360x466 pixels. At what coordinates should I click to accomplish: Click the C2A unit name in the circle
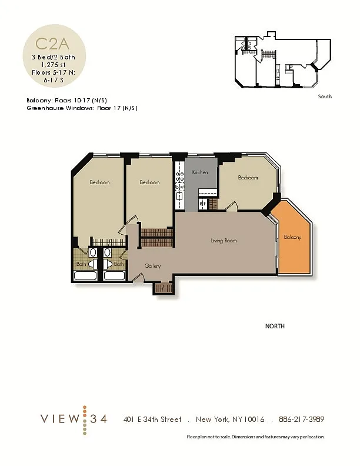click(x=52, y=44)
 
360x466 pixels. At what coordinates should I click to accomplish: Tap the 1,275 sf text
click(x=54, y=65)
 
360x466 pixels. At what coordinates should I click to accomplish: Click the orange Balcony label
click(x=292, y=237)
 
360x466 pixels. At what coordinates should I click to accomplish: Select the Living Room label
click(x=224, y=241)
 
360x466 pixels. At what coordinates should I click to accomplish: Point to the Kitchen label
click(x=200, y=172)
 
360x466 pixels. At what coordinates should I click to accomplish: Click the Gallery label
click(x=152, y=266)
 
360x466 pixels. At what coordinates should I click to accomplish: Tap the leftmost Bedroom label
click(x=100, y=182)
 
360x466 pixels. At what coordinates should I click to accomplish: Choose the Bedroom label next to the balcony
click(x=248, y=178)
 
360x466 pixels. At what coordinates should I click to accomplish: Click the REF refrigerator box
click(x=203, y=204)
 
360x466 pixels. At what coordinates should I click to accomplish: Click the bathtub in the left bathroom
click(x=85, y=275)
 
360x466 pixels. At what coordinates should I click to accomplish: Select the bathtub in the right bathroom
click(x=114, y=275)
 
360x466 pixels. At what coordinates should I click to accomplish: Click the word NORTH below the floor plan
click(x=275, y=326)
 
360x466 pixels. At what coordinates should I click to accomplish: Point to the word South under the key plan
click(x=325, y=96)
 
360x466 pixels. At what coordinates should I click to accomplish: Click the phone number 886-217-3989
click(x=302, y=419)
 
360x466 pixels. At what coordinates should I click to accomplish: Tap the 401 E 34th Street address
click(x=152, y=420)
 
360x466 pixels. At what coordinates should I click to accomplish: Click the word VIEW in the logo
click(x=60, y=419)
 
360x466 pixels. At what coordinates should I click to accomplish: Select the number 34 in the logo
click(x=98, y=419)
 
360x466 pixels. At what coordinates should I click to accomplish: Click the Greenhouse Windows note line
click(x=82, y=108)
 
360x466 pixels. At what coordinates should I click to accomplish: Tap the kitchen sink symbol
click(x=179, y=196)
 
